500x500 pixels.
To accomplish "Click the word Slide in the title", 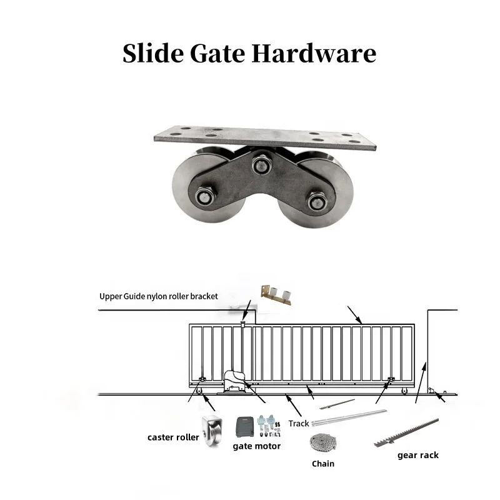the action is tap(153, 53).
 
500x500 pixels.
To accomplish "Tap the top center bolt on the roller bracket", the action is tap(261, 165).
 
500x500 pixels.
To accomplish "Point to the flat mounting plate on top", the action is tap(264, 137).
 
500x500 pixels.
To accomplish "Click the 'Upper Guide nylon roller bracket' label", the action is tap(159, 296).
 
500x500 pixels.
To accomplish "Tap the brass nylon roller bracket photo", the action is tap(276, 295).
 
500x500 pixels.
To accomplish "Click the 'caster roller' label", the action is tap(173, 437).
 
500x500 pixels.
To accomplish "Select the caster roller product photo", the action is tap(212, 431).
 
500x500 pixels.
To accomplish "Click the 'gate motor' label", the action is tap(257, 446).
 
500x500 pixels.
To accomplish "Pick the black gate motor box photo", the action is tap(245, 427).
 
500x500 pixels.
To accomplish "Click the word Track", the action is tap(299, 424).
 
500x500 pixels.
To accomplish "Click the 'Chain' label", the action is tap(323, 464).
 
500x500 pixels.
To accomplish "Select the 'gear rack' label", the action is tap(418, 455).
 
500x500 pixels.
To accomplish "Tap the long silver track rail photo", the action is tap(349, 418).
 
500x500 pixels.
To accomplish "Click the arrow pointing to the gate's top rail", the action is tap(354, 315).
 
